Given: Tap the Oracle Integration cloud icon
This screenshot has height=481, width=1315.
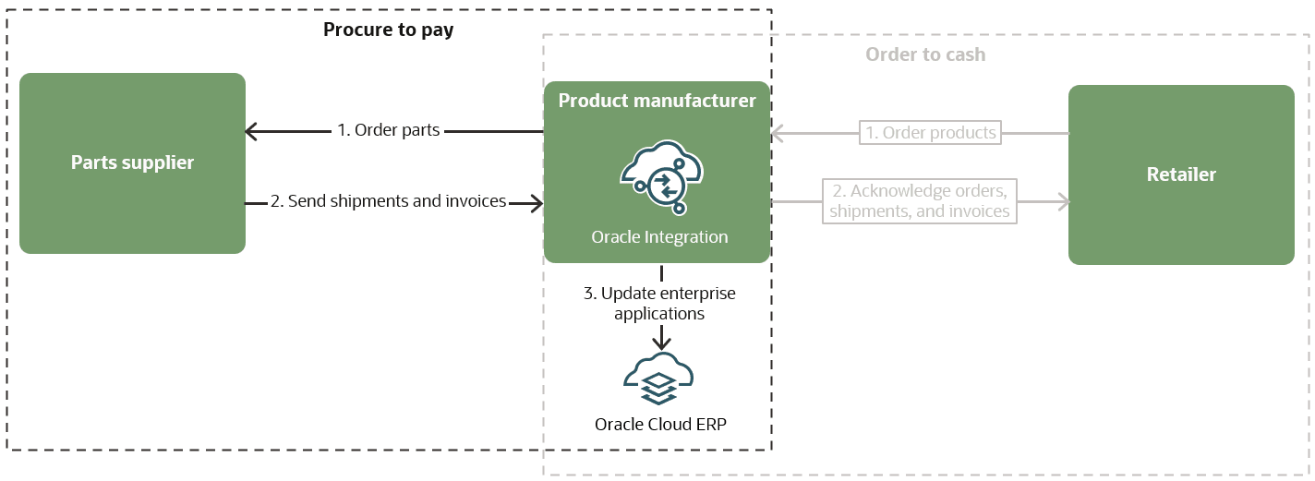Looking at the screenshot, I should click(661, 174).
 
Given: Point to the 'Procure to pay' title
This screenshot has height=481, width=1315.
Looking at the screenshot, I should click(388, 30).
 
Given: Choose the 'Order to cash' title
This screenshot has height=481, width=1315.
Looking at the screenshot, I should click(925, 54).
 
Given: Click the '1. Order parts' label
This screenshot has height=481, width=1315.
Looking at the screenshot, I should click(388, 131).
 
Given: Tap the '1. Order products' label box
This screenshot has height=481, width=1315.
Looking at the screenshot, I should click(930, 133).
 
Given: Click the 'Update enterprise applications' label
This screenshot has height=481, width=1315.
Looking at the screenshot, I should click(659, 304).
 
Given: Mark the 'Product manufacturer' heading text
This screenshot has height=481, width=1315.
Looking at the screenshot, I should click(657, 101).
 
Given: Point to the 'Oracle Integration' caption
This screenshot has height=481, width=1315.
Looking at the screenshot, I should click(659, 237).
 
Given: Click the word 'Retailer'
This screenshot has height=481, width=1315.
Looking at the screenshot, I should click(1181, 174).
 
